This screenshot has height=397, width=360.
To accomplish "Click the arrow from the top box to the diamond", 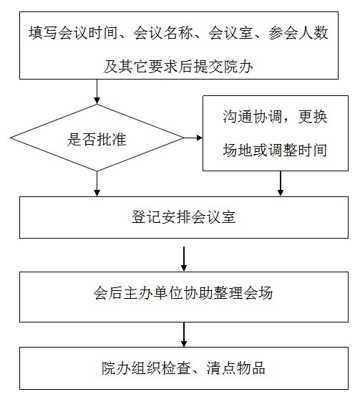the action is (97, 92).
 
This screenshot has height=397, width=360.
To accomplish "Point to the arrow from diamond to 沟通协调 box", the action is (193, 138).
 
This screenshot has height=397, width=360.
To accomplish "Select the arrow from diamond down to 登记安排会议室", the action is (97, 184).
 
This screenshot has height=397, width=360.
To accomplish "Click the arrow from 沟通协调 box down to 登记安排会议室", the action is (280, 183).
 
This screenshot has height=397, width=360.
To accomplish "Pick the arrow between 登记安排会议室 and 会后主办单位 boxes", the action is (184, 259).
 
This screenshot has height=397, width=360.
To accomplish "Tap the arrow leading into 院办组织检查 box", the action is (184, 335).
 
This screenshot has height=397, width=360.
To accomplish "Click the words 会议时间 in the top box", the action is (88, 33).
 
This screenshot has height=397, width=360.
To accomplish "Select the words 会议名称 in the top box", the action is (163, 33).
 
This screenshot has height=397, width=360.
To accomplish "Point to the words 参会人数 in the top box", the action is (298, 33).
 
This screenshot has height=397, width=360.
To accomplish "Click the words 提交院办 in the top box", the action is (223, 67).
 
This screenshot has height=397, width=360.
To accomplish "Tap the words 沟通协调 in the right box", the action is (253, 117).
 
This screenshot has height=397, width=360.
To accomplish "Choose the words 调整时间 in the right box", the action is (298, 150).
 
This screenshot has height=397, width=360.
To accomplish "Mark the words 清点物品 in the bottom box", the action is (235, 368).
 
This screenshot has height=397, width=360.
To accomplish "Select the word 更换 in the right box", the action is (313, 117).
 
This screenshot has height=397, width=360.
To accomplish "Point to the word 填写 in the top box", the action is (43, 33).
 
